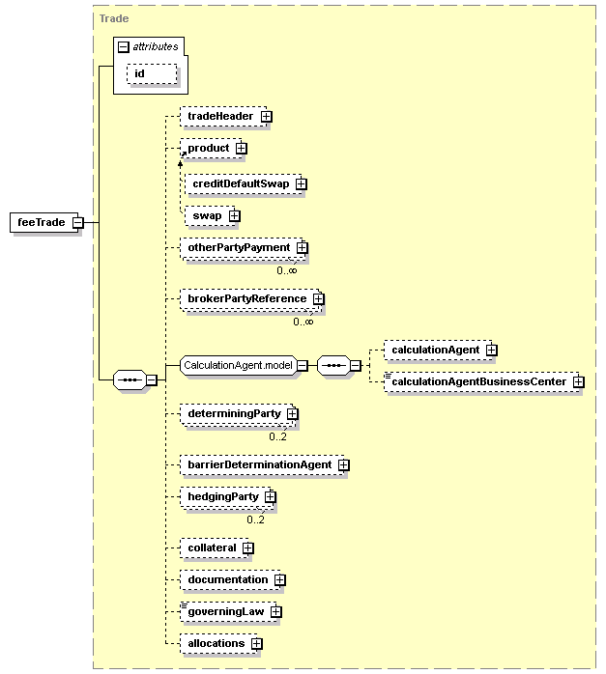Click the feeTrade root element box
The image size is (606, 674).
coord(43,222)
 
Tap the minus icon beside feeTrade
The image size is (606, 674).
coord(78,223)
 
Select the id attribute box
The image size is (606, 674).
coord(152,74)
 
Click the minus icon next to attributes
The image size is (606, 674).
coord(124,47)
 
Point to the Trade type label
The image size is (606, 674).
coord(114,18)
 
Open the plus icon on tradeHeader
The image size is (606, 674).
coord(267,117)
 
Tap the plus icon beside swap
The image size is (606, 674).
coord(235,215)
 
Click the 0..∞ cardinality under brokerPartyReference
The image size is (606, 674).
coord(303,322)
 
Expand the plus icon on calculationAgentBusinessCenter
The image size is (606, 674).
coord(579,381)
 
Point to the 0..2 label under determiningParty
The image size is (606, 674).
coord(277,436)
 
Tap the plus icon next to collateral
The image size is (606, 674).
coord(248,548)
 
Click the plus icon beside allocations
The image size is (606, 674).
coord(257,643)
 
